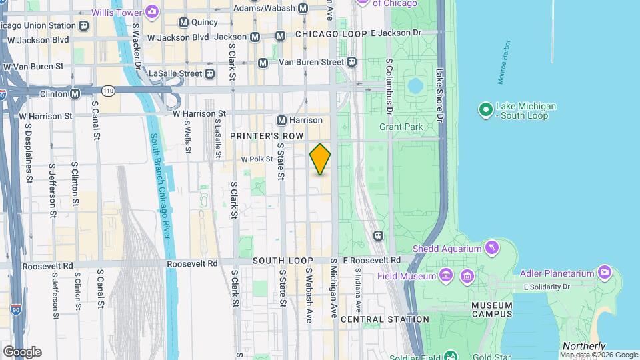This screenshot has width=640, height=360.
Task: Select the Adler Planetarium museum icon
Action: coord(604,272)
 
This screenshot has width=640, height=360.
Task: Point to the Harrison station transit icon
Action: coord(282,120)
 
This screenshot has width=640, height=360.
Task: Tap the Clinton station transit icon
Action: coord(75,93)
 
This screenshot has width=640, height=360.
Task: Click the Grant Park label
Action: coord(401,126)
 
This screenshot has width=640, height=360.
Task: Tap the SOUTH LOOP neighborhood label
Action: coord(279,260)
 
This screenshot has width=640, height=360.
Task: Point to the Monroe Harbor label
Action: coord(505,62)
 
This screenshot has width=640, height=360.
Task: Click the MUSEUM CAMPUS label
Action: coord(492,309)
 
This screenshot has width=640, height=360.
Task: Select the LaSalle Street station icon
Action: coord(210,73)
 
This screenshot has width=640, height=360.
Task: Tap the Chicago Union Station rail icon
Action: coord(83,26)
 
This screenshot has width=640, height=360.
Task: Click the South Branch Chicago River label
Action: coord(161,186)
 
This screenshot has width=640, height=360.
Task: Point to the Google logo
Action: coord(22,352)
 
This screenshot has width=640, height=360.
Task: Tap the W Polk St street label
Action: coord(257,159)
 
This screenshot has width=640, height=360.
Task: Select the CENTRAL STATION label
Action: coord(385,319)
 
